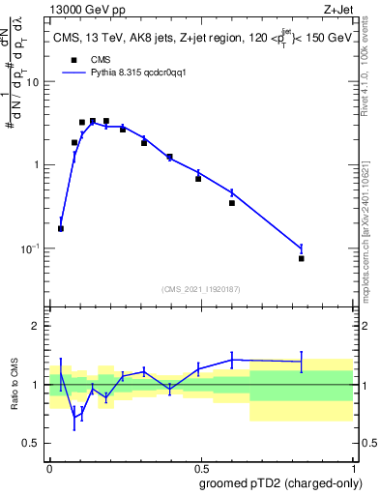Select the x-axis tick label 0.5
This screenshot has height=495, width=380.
tap(200, 466)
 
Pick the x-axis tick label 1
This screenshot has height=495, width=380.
tap(352, 466)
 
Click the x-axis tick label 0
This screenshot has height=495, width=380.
tap(49, 466)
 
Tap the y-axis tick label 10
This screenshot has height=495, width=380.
tap(35, 81)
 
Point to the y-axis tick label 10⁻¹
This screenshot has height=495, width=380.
tap(32, 248)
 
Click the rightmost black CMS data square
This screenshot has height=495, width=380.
tap(302, 258)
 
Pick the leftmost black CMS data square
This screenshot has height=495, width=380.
tap(61, 229)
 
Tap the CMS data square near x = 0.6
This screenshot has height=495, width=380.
tap(232, 203)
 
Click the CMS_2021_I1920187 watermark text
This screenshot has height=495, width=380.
tap(200, 288)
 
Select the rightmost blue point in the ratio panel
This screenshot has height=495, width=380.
tap(302, 362)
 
